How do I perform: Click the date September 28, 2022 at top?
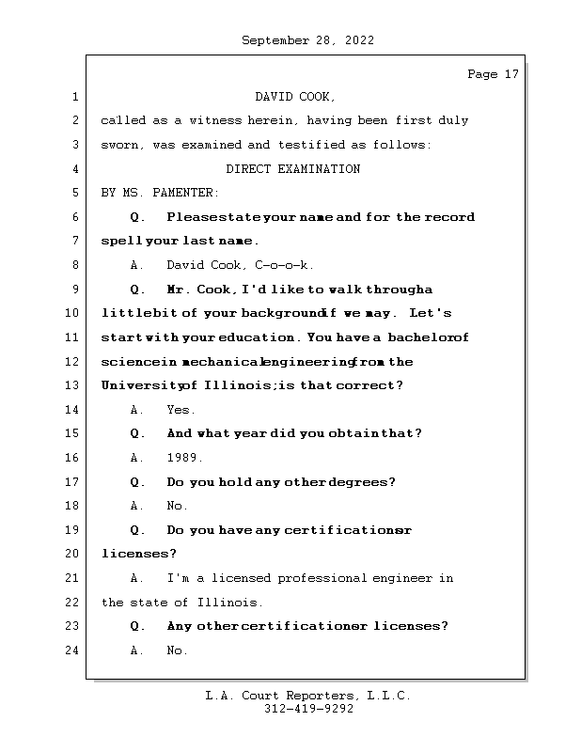(x=307, y=40)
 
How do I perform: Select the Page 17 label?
(x=493, y=74)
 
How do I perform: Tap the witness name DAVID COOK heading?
(x=294, y=97)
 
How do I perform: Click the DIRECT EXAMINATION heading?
(x=292, y=169)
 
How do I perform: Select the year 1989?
(x=184, y=459)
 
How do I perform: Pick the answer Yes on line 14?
(x=181, y=410)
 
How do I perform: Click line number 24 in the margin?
(x=74, y=650)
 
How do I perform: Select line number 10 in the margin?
(x=74, y=313)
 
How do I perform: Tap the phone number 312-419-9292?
(x=308, y=710)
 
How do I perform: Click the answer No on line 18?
(x=177, y=507)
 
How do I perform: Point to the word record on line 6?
(x=449, y=217)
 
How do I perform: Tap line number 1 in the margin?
(x=74, y=97)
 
